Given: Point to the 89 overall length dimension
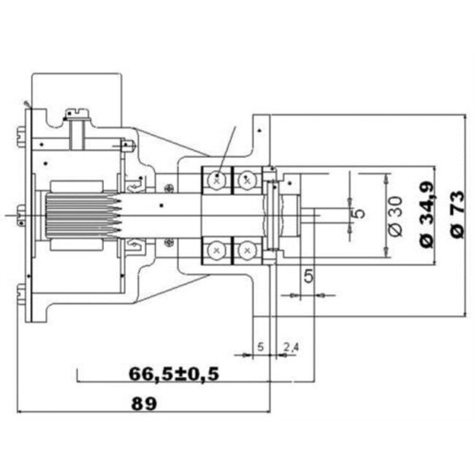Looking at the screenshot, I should [x=145, y=403].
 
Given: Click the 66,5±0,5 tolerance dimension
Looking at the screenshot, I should [x=174, y=373].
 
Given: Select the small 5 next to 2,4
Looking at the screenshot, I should [x=260, y=346].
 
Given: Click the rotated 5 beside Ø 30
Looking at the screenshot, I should [x=358, y=214].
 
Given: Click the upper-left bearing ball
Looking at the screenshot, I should [x=217, y=178].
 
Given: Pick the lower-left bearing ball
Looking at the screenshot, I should [x=217, y=250].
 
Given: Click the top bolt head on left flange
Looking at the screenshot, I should [x=19, y=134].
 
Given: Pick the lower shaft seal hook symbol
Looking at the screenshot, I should [x=135, y=243].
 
